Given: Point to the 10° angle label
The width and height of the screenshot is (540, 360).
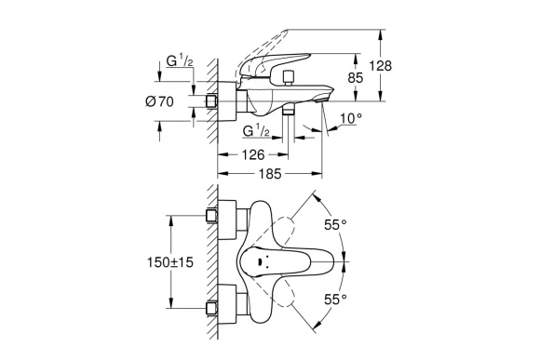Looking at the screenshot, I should pyautogui.click(x=349, y=118).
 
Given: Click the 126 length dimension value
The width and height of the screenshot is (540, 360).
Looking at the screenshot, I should pyautogui.click(x=251, y=154).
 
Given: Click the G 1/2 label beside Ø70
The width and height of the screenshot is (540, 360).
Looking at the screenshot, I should pyautogui.click(x=179, y=62).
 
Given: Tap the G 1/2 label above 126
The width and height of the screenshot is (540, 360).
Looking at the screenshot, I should pyautogui.click(x=255, y=131).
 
